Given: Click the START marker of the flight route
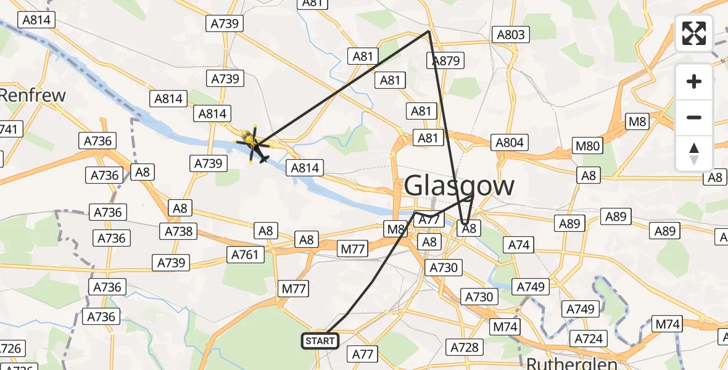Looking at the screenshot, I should pos(320,340).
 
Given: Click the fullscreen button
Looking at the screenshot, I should pos(694,33).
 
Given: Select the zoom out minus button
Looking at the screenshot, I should pos(694,117).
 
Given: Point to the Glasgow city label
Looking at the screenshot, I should pos(460,185).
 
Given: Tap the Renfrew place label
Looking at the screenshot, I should pos(32,95).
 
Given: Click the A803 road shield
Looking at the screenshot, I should pos(511,35).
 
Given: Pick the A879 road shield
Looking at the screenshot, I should pos(445,60).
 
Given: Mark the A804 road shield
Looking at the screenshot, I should pos(510,143).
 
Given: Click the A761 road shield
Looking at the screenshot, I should pos(246,253).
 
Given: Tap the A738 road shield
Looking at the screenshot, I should pos(180,231).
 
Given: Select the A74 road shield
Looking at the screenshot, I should pos(519,245).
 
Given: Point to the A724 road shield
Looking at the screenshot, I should pos(588,338).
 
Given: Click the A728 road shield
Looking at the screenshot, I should pos(464,347).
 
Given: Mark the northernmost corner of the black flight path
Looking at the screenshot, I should pos(429,31).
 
